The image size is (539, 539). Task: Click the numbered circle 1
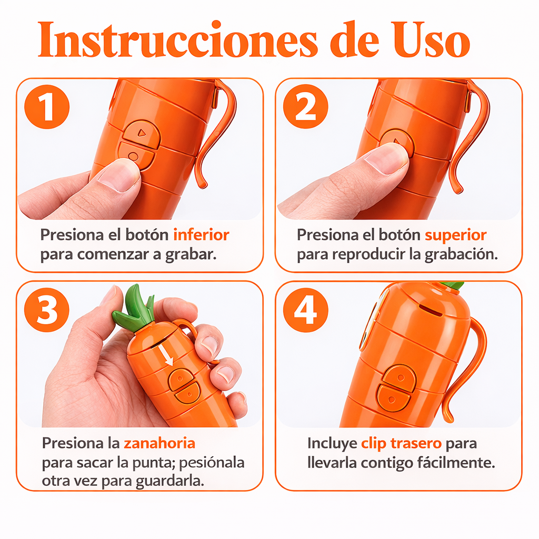47,106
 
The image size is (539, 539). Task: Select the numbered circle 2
306,106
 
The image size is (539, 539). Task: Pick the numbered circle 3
47,310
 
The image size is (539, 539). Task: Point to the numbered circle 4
306,310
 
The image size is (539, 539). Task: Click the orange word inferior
201,235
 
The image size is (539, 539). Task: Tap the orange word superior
455,236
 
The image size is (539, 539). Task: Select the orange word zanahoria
159,443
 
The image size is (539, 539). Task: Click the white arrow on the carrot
166,355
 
